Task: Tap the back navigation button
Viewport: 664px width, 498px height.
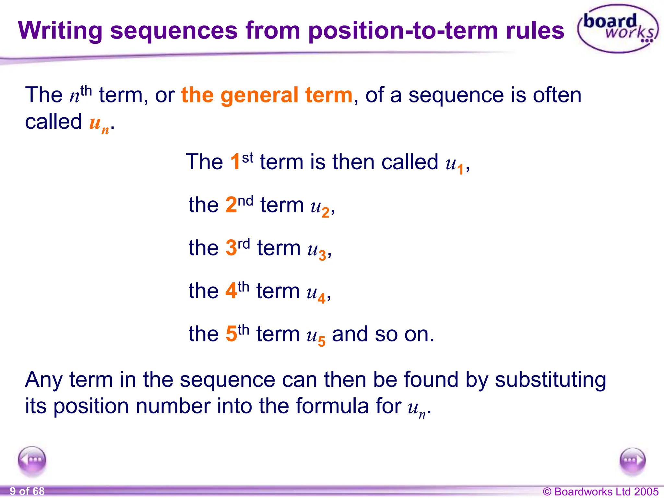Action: (32, 460)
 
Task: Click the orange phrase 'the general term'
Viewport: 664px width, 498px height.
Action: (267, 95)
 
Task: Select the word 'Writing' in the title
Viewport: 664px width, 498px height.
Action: (60, 31)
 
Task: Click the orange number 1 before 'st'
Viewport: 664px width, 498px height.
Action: (235, 162)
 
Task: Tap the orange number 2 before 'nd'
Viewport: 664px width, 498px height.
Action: (231, 205)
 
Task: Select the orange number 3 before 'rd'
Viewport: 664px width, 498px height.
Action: (231, 248)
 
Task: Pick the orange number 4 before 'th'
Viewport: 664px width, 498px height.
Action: (231, 291)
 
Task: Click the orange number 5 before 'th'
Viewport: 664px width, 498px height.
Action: (231, 334)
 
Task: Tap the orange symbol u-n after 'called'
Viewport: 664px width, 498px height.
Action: (99, 124)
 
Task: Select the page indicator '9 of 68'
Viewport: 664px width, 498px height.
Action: (27, 491)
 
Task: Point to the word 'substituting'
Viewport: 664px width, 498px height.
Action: (550, 380)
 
